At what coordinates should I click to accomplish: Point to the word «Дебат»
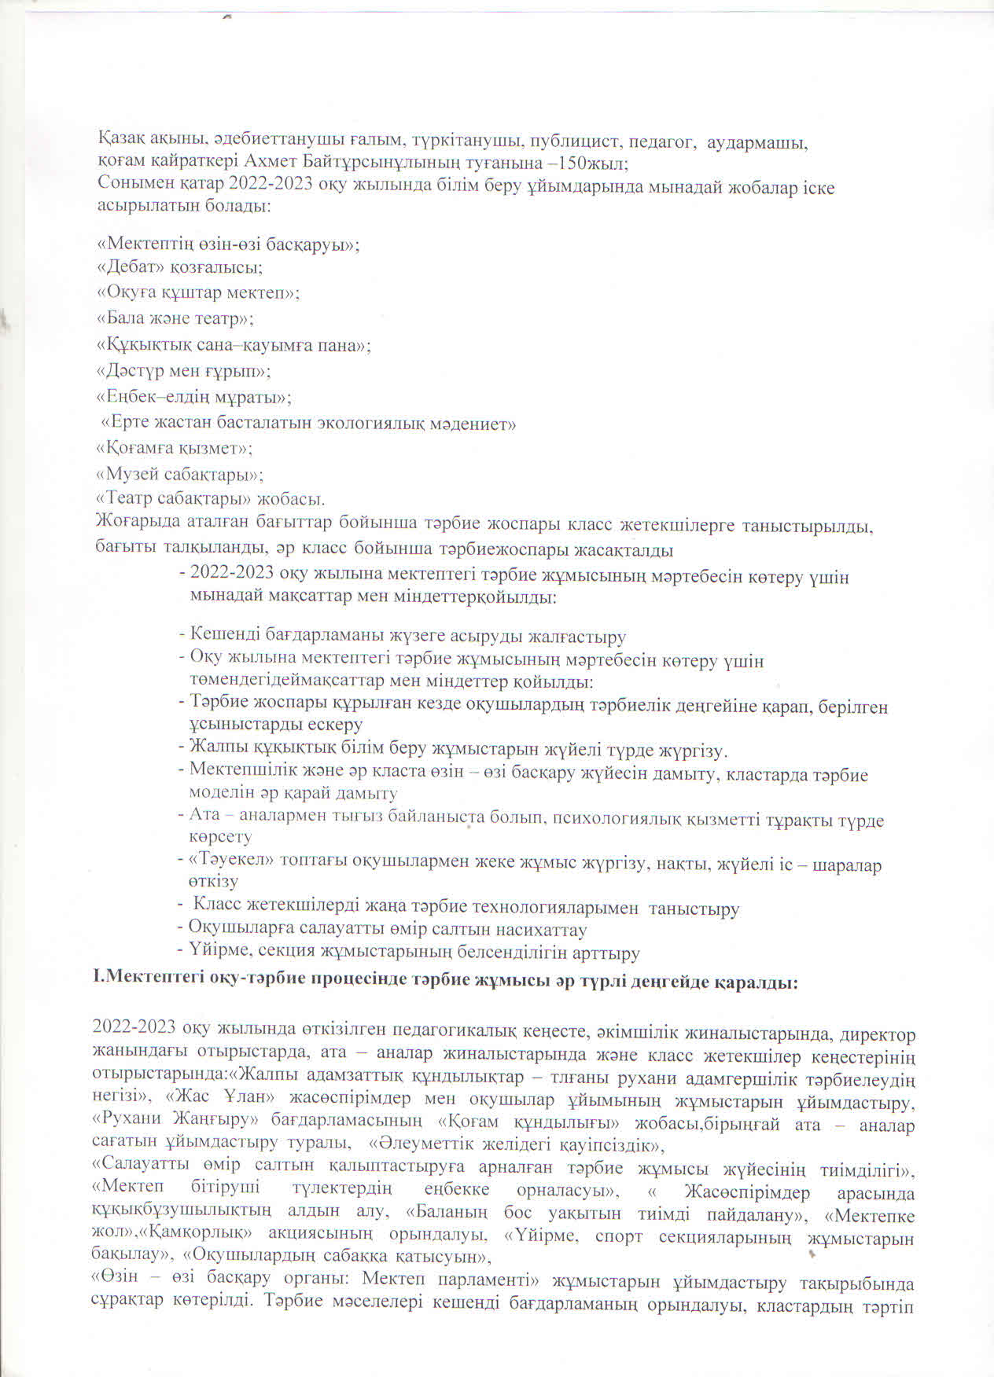131,267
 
